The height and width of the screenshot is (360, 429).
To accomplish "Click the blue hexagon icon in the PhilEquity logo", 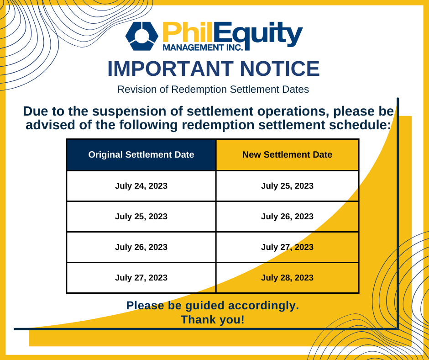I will (142, 36).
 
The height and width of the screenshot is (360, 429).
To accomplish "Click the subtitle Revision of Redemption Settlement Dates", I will (213, 90).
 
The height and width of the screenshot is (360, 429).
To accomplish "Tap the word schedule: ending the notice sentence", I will (360, 125).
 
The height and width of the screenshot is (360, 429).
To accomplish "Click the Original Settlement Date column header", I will (141, 155).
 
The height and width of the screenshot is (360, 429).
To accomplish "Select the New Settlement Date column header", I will (287, 155).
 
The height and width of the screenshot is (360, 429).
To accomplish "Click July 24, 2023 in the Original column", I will (141, 186).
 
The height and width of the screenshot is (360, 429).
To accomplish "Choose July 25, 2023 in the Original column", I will (141, 217).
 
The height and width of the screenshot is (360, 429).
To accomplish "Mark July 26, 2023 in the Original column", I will (141, 247).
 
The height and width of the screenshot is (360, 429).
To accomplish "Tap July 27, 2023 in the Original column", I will (141, 278).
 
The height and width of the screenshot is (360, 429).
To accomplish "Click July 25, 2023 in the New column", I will (287, 186).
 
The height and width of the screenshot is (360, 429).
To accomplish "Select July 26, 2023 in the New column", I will (287, 217).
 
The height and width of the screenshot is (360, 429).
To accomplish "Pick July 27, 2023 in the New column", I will (287, 247).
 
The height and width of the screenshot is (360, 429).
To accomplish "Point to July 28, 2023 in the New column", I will (287, 278).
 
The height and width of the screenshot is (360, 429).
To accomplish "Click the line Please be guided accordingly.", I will (213, 306).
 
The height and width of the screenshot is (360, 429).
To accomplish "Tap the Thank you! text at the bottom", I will (213, 320).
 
